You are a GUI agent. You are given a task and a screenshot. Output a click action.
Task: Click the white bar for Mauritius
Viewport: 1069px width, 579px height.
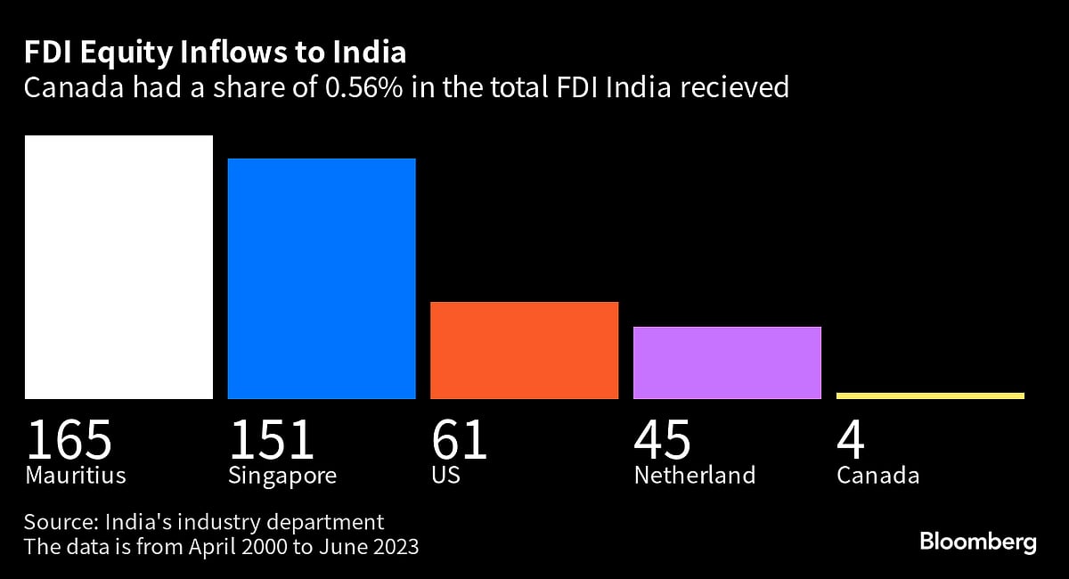(x=118, y=267)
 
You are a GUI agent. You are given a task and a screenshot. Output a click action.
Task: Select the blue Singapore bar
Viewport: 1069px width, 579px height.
(x=322, y=278)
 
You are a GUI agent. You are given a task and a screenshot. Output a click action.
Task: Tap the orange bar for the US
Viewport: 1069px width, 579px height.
(x=524, y=350)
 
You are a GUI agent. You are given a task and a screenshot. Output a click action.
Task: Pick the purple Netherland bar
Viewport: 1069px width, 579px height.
(x=727, y=363)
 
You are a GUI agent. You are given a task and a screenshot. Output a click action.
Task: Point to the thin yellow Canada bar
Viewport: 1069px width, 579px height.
(x=930, y=396)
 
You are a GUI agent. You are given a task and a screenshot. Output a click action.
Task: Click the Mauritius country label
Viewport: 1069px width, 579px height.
(x=75, y=475)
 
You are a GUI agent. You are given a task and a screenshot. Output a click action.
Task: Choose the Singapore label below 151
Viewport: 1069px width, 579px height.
(x=282, y=476)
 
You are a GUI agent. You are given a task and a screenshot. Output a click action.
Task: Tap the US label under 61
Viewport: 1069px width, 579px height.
(x=445, y=475)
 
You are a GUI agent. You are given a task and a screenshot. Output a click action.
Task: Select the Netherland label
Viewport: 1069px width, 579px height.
(x=694, y=475)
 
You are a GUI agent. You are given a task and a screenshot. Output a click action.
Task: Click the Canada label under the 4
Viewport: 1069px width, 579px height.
(x=877, y=475)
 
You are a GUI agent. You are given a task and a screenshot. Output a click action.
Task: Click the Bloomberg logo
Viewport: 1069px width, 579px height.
(x=978, y=542)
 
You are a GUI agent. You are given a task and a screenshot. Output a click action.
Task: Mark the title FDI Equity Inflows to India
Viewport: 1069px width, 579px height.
(x=215, y=53)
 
